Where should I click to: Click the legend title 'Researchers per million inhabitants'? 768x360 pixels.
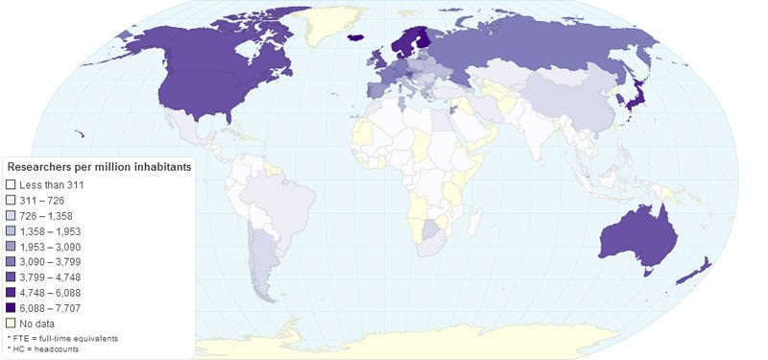99,167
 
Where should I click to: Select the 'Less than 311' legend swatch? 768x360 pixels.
12,183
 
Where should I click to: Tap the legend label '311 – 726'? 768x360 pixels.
40,199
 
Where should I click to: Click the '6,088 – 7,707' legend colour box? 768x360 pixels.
12,308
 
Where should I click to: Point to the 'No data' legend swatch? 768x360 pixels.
12,324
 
